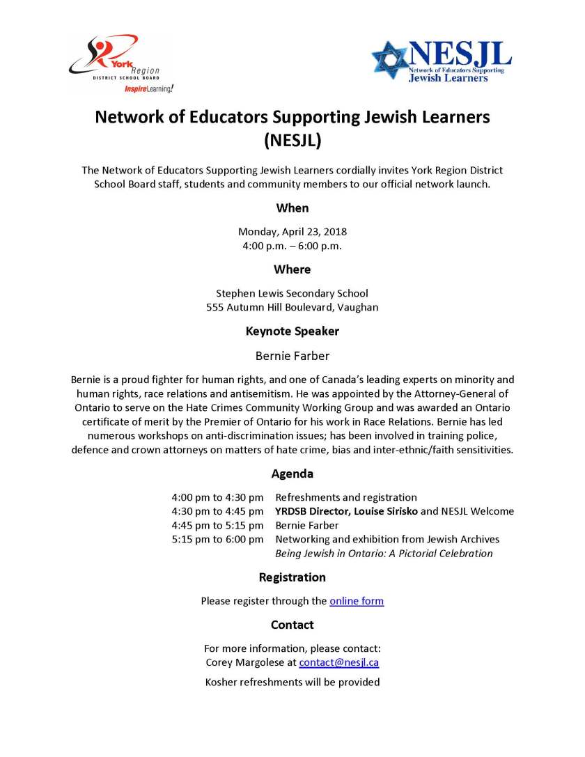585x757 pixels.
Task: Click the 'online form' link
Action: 357,600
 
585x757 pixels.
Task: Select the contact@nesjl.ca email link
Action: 339,662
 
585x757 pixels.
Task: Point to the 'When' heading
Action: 292,208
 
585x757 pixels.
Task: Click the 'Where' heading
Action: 292,269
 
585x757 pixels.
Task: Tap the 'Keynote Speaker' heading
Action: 292,331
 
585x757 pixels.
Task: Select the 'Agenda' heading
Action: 292,474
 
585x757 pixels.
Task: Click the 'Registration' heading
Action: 292,577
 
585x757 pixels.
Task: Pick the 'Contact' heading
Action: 292,625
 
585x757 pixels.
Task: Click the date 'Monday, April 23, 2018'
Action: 292,231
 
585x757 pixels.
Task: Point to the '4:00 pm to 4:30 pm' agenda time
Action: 217,497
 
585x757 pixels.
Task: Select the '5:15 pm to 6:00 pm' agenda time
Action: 217,539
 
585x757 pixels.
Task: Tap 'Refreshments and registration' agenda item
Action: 346,497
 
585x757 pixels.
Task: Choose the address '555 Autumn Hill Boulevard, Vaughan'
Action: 292,307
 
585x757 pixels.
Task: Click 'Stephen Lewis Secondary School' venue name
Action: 292,293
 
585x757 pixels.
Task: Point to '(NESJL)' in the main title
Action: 292,141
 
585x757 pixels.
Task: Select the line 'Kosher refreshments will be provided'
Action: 292,682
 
